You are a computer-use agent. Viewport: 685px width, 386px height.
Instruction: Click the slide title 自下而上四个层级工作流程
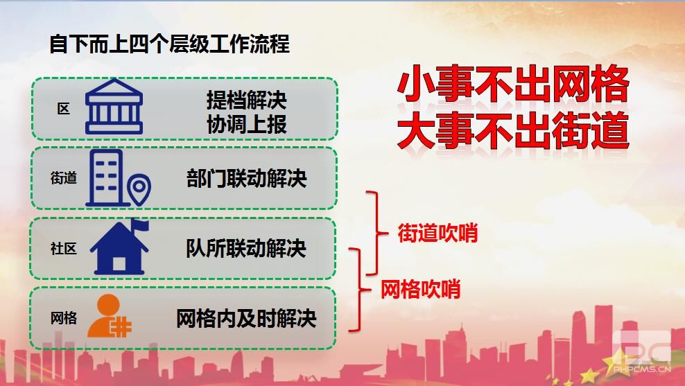coord(169,44)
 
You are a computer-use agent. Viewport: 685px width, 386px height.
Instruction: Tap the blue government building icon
coord(114,107)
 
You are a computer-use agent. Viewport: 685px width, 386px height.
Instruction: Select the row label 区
coord(64,109)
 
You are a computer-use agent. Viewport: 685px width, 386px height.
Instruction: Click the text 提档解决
coord(247,100)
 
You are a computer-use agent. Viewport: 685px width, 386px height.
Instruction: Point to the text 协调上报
coord(247,124)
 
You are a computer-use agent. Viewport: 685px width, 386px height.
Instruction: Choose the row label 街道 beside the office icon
coord(64,178)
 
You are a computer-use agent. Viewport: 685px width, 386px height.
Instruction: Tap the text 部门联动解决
coord(247,178)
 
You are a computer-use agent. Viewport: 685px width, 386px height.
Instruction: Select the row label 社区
coord(64,249)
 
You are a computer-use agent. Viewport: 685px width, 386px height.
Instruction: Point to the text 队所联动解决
coord(246,249)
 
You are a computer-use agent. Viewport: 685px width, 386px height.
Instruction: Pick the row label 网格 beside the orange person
coord(64,318)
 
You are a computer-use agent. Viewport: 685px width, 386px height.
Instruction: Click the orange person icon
coord(110,316)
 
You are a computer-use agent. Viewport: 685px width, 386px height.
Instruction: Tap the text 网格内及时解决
coord(246,318)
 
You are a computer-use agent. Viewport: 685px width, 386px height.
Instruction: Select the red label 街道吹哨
coord(437,233)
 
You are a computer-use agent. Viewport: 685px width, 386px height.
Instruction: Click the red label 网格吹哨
coord(421,289)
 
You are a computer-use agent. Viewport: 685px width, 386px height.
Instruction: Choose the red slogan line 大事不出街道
coord(513,130)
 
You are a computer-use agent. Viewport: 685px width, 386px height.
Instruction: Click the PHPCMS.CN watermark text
coord(642,369)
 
